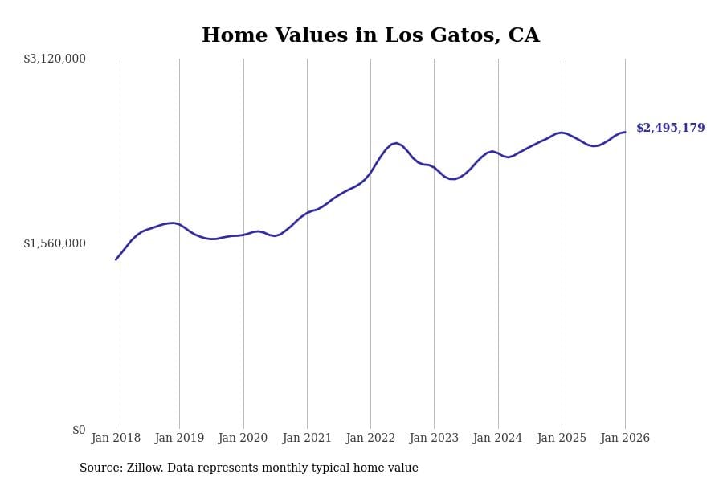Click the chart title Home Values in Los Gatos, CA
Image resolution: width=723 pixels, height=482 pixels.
(x=370, y=36)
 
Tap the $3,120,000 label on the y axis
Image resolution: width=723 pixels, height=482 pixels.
(x=55, y=59)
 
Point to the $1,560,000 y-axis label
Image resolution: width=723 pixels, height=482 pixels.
(x=55, y=243)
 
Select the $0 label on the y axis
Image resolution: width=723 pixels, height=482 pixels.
(x=79, y=430)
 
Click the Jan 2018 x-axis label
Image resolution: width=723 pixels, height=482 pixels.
(x=116, y=439)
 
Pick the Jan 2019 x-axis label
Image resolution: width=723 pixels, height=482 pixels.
(x=179, y=439)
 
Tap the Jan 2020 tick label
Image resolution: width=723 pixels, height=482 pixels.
(x=243, y=439)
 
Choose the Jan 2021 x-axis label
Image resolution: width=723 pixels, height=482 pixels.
(x=307, y=439)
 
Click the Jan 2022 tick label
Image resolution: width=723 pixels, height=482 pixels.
(x=370, y=439)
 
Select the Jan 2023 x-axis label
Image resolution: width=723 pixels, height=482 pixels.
(x=434, y=439)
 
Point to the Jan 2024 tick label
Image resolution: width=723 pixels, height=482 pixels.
(x=497, y=439)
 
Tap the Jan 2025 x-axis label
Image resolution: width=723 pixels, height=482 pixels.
(x=562, y=439)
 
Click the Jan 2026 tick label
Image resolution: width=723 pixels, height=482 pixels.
(x=625, y=439)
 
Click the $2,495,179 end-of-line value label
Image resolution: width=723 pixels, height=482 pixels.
(x=671, y=129)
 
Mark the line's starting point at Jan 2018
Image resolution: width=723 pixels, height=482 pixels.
(x=116, y=259)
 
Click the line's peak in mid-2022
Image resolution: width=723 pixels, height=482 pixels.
(x=396, y=143)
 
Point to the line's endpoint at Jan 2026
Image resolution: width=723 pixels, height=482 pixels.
(x=625, y=132)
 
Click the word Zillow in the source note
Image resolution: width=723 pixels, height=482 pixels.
(x=145, y=468)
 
